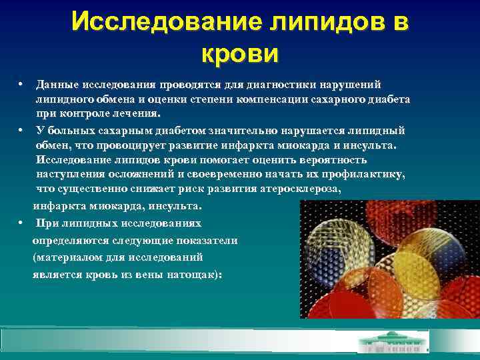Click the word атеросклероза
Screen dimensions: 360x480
tap(297, 189)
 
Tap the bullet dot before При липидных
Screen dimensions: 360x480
tap(21, 223)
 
